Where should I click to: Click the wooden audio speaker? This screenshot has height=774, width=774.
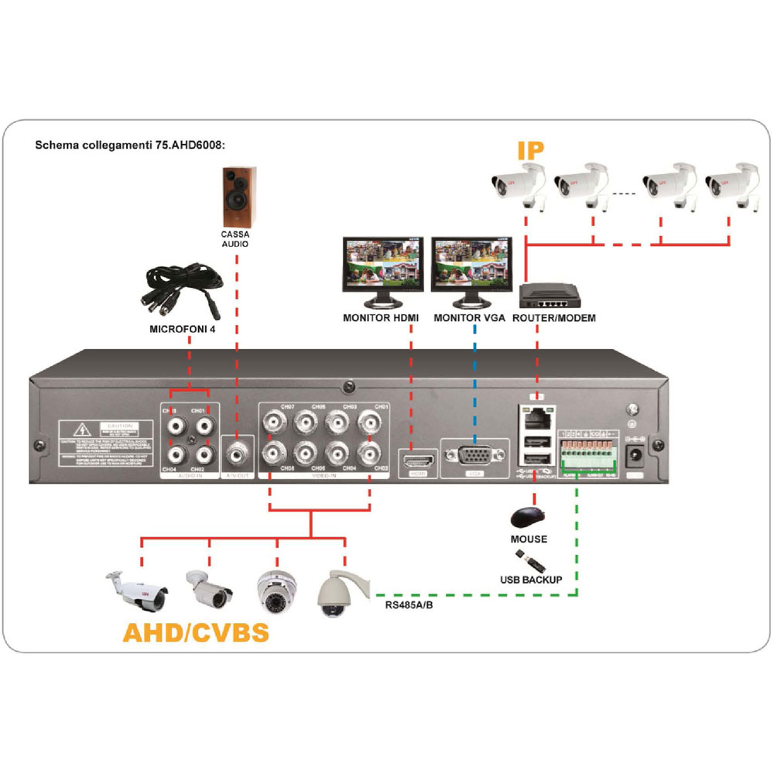235,195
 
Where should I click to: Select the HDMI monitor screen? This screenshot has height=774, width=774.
383,263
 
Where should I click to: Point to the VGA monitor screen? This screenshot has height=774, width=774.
471,263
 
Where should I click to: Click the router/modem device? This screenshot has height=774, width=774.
551,296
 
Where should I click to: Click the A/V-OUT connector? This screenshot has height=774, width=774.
238,454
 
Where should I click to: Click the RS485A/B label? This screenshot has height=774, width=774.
407,604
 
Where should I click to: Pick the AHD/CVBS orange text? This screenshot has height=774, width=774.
196,632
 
